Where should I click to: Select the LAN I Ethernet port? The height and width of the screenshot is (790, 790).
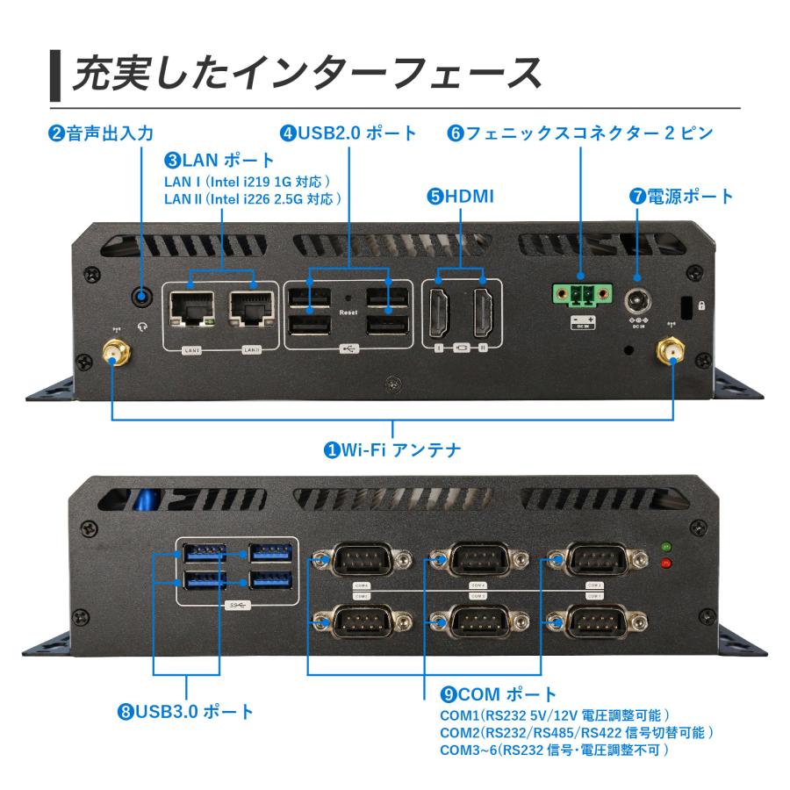[x=191, y=310]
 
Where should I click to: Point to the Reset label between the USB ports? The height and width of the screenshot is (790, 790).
[x=348, y=312]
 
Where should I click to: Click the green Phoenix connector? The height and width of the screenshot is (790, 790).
[x=579, y=297]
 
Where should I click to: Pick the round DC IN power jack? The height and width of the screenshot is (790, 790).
[x=638, y=300]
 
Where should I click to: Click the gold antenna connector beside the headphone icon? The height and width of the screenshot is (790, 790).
[x=115, y=354]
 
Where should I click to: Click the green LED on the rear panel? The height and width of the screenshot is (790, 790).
[x=666, y=547]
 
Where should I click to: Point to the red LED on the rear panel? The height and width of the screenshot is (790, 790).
[x=666, y=563]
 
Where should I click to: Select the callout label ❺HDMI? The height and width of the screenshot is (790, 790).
[x=460, y=197]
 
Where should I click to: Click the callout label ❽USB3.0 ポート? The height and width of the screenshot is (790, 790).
[x=185, y=711]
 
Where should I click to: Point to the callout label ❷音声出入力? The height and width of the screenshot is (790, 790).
[x=101, y=133]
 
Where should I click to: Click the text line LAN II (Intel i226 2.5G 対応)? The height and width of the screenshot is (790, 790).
[x=253, y=199]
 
